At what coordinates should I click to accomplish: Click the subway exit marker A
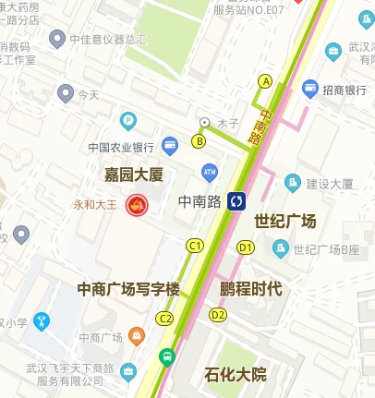coord(266,81)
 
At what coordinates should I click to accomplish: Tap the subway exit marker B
coord(199,141)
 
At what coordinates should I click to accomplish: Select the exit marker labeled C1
coord(194,246)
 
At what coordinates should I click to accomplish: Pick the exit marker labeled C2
coord(165,319)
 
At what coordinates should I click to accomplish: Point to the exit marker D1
coord(245,247)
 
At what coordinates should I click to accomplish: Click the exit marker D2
coord(218,315)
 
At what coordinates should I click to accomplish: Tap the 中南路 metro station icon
coord(237,200)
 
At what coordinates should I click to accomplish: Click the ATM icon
coord(209,172)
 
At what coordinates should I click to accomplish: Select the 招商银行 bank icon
coord(310,88)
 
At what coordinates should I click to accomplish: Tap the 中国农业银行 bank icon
coord(170,145)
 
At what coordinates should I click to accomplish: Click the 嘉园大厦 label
coord(133,173)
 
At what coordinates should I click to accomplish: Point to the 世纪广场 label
coord(285,222)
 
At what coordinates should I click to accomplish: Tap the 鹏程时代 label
coord(250,288)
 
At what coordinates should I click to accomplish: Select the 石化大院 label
coord(235,375)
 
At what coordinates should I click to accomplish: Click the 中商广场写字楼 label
coord(128,290)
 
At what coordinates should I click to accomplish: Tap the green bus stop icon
coord(166,356)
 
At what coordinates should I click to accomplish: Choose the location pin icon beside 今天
coord(65,92)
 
